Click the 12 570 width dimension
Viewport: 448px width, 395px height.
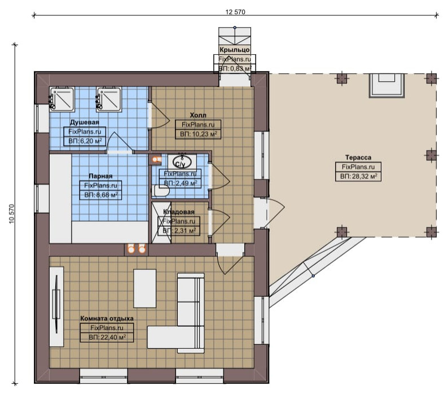[x=235, y=12]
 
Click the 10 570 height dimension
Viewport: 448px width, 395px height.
[x=12, y=214]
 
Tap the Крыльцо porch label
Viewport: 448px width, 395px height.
[x=235, y=50]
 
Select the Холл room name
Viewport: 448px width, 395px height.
[x=198, y=115]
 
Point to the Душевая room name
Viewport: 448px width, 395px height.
[x=85, y=122]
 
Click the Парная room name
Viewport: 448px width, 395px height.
[x=100, y=176]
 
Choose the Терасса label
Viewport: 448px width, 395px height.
[x=358, y=157]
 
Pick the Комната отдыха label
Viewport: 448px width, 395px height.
[x=107, y=318]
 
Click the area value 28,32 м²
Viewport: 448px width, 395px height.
[x=358, y=177]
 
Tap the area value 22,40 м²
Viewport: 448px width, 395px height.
[x=107, y=337]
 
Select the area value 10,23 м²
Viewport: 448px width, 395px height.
[x=198, y=134]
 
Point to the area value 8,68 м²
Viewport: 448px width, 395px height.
[x=101, y=195]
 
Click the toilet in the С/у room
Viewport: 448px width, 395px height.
[x=160, y=191]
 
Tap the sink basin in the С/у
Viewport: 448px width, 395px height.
[x=182, y=162]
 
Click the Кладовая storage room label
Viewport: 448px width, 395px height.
[x=179, y=212]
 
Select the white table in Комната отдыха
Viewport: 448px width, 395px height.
[x=145, y=288]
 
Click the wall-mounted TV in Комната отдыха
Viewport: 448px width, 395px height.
[x=56, y=304]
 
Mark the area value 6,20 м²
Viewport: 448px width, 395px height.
[x=85, y=141]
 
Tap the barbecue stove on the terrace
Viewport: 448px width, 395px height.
[x=387, y=86]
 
